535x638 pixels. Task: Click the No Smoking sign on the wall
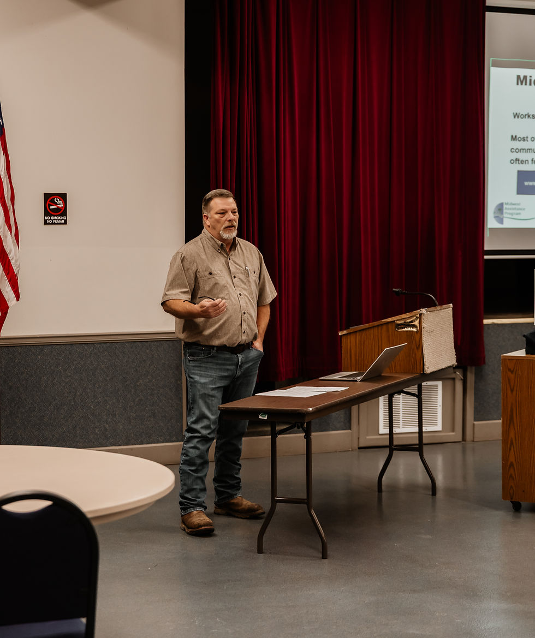click(55, 208)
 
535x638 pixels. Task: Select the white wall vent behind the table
click(411, 407)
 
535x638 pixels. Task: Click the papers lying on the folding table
click(301, 391)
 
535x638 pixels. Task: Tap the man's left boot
click(239, 507)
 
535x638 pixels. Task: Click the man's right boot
click(197, 522)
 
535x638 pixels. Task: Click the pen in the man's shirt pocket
click(247, 271)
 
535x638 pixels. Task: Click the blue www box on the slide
click(526, 182)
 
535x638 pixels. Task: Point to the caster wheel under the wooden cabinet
click(516, 506)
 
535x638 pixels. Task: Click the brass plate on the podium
click(407, 324)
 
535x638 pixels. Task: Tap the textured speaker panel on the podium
click(438, 338)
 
